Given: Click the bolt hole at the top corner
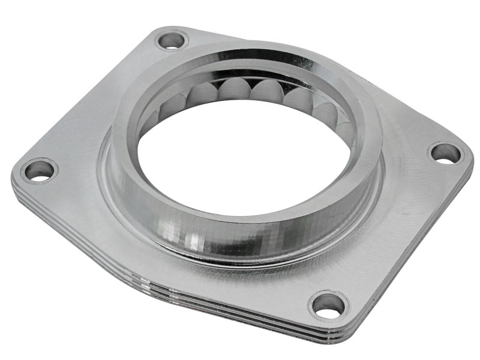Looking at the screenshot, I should coord(172,41).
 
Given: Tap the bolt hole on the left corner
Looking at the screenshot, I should coord(40,170).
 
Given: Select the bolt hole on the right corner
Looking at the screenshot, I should coord(445,153).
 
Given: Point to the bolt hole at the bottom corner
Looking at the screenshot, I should coord(328,305).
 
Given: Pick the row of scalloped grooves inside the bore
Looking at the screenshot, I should coord(252,93).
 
